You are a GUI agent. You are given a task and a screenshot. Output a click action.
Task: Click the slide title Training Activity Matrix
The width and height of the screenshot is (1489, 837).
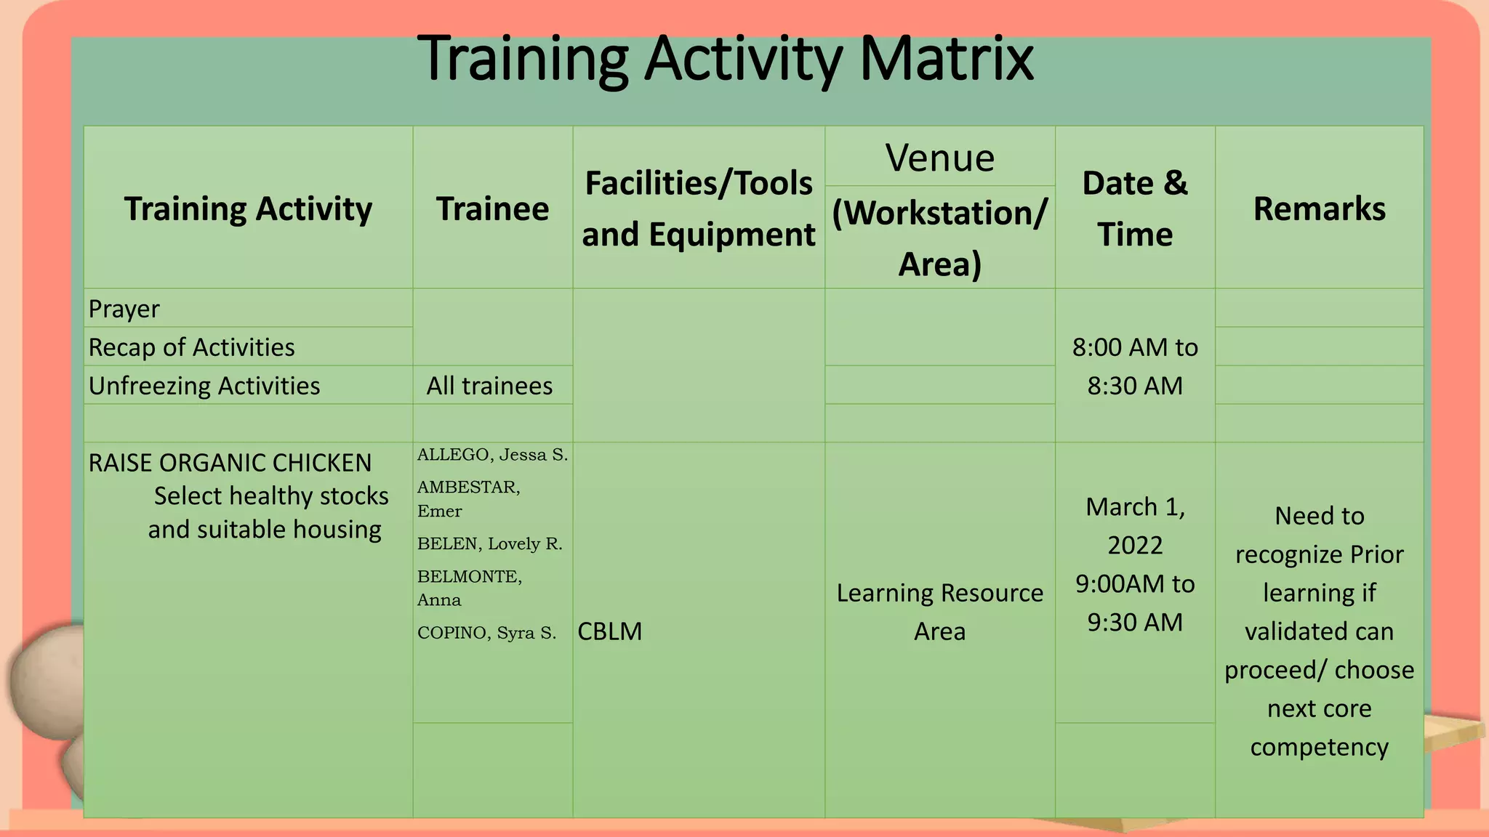pos(725,60)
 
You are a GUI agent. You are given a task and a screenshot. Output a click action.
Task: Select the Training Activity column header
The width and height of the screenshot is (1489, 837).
pos(248,209)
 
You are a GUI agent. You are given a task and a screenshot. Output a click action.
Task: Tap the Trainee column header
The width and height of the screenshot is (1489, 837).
pos(492,209)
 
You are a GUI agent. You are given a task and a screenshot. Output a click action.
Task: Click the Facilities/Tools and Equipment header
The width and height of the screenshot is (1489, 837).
pos(698,209)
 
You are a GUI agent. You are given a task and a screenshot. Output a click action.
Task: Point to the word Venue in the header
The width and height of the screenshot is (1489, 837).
pos(939,158)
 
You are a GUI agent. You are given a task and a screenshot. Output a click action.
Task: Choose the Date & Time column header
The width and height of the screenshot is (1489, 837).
pos(1134,209)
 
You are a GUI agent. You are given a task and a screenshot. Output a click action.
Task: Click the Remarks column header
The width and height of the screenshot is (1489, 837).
pos(1319,209)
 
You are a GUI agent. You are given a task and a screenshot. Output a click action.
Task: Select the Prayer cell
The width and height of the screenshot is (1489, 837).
pos(124,309)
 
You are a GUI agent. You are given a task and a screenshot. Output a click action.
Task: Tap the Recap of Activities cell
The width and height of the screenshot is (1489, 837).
pos(191,347)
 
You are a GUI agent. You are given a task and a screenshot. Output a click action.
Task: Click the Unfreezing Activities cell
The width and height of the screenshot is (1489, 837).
pos(204,386)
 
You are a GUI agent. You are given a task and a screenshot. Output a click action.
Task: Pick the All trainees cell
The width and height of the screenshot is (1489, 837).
pos(489,386)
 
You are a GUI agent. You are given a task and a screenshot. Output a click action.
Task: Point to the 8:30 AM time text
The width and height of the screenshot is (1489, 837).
pos(1135,386)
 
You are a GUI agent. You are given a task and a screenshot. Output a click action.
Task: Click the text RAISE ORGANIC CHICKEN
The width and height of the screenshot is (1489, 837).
pos(230,463)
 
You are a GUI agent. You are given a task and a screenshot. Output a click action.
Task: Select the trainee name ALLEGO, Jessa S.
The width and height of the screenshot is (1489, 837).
pos(492,455)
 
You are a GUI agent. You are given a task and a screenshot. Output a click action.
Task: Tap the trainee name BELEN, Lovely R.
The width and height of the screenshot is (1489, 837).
pos(489,543)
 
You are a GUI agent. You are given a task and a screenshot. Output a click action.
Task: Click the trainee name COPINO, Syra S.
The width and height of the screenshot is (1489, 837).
pos(486,633)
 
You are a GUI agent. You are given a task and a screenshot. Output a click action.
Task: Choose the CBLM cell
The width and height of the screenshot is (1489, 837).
pos(610,631)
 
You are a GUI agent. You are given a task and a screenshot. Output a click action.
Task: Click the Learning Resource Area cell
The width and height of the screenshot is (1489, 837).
pos(939,612)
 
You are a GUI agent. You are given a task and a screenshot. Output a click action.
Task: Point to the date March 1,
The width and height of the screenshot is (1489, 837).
pos(1135,507)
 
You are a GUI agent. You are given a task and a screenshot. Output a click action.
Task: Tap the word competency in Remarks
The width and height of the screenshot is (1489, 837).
pos(1319,747)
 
